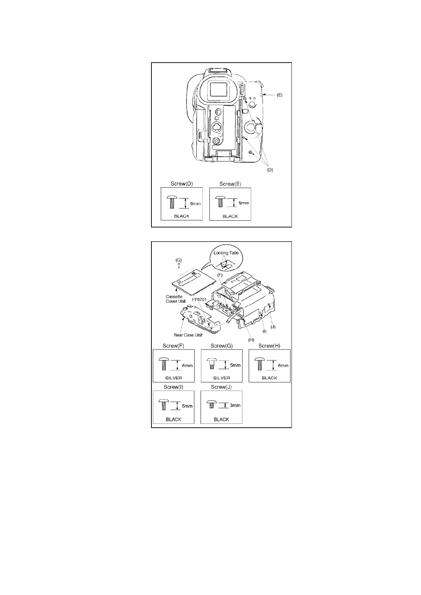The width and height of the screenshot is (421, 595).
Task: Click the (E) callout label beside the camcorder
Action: pyautogui.click(x=279, y=95)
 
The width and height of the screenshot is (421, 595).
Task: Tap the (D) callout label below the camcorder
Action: pyautogui.click(x=270, y=170)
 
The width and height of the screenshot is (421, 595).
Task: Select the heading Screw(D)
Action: pyautogui.click(x=181, y=184)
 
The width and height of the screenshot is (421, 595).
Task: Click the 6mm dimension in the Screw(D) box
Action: pyautogui.click(x=195, y=203)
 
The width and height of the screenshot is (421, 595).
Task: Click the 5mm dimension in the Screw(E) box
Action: pyautogui.click(x=244, y=203)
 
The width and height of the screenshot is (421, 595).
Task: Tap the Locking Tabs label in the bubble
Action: pyautogui.click(x=226, y=253)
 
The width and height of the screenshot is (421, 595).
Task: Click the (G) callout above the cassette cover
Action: pyautogui.click(x=179, y=260)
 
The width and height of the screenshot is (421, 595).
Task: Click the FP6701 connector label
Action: pyautogui.click(x=199, y=299)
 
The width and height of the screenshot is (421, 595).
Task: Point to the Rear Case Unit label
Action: pyautogui.click(x=188, y=335)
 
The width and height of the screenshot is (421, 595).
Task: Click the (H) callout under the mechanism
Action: pyautogui.click(x=251, y=340)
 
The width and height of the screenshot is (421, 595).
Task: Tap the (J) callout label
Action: pyautogui.click(x=273, y=327)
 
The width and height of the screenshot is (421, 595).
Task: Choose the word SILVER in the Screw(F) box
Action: pyautogui.click(x=173, y=378)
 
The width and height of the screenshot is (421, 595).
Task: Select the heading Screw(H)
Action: pyautogui.click(x=269, y=346)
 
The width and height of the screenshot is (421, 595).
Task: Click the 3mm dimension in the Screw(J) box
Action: pyautogui.click(x=235, y=405)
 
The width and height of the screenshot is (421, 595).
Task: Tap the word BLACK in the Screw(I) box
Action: pyautogui.click(x=173, y=419)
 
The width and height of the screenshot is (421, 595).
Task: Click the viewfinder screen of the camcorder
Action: pyautogui.click(x=218, y=89)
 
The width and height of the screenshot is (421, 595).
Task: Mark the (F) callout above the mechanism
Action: pyautogui.click(x=220, y=275)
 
